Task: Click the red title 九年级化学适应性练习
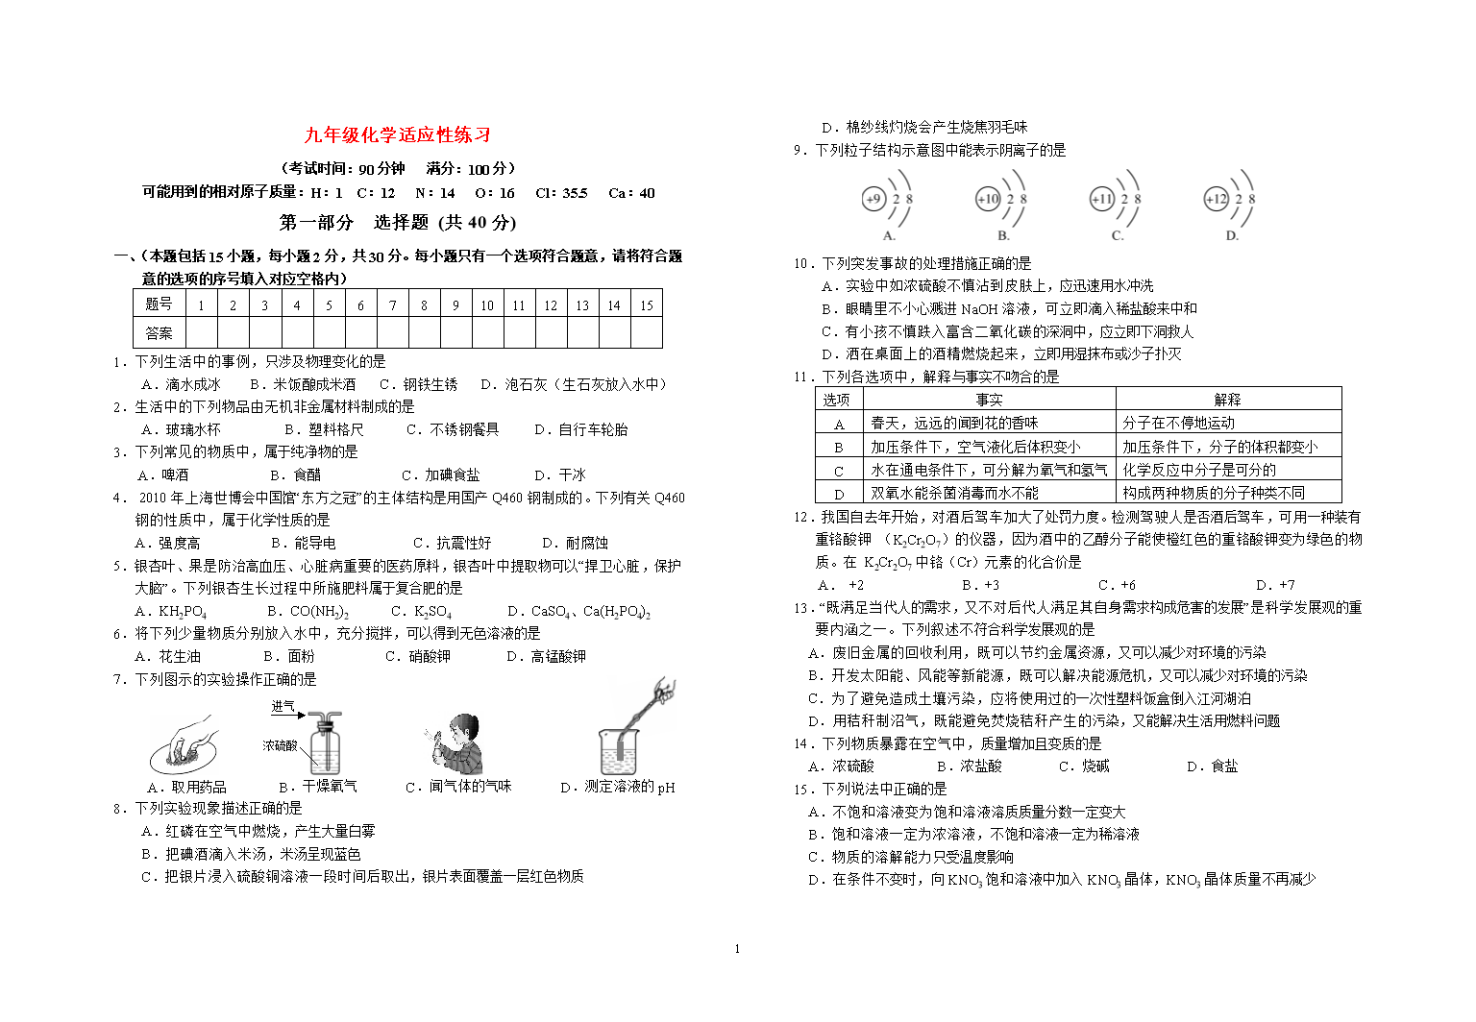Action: pyautogui.click(x=398, y=135)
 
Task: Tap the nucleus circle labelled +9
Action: pyautogui.click(x=873, y=199)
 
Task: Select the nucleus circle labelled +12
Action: pyautogui.click(x=1216, y=199)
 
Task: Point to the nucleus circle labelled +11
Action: pyautogui.click(x=1101, y=199)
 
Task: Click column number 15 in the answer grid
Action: pyautogui.click(x=646, y=305)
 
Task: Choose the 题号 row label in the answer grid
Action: pyautogui.click(x=159, y=305)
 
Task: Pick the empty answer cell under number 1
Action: pyautogui.click(x=201, y=333)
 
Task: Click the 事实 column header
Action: pyautogui.click(x=989, y=400)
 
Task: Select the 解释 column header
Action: pyautogui.click(x=1227, y=400)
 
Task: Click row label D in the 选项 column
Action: pyautogui.click(x=839, y=494)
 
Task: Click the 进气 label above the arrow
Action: pyautogui.click(x=283, y=706)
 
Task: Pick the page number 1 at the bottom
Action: pyautogui.click(x=737, y=949)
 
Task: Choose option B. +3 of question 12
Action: pyautogui.click(x=980, y=585)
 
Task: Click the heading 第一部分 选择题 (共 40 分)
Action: pyautogui.click(x=398, y=223)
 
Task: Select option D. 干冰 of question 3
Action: pyautogui.click(x=559, y=475)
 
